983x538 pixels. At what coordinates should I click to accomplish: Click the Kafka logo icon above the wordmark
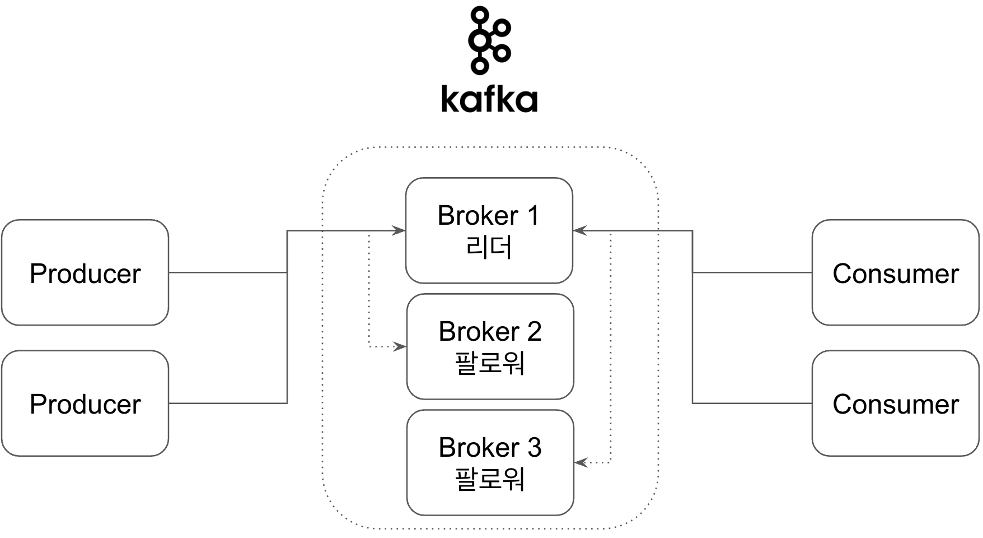[489, 40]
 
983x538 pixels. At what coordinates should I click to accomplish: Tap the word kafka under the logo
[489, 99]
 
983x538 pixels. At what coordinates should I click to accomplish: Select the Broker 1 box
[489, 230]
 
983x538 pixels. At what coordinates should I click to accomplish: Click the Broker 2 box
[490, 346]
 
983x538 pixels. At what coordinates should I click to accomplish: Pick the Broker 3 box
[490, 462]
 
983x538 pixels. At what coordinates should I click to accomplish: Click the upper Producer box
[85, 272]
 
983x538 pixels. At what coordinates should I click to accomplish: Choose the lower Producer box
[85, 403]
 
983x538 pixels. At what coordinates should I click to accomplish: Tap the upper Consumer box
[895, 272]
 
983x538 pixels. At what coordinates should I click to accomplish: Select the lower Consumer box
[895, 403]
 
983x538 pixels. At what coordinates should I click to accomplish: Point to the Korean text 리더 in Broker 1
[489, 247]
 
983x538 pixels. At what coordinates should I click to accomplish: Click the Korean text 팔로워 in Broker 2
[490, 363]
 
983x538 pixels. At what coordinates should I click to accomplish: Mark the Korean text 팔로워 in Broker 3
[490, 479]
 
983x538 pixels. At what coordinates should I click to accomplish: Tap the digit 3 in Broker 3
[534, 448]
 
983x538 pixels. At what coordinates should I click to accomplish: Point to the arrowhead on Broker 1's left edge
[399, 230]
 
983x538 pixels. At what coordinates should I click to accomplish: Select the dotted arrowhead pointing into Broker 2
[400, 346]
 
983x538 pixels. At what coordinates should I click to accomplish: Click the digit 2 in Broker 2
[534, 332]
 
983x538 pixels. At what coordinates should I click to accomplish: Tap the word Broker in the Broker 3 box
[479, 448]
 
